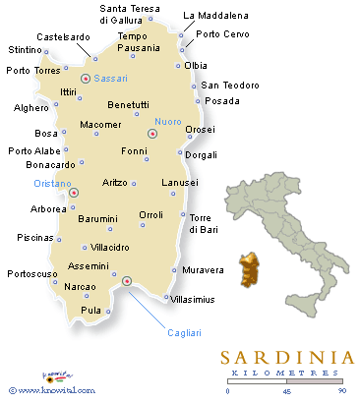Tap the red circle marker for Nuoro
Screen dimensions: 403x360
151,134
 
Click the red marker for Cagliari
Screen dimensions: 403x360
126,283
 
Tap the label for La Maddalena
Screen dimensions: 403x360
216,16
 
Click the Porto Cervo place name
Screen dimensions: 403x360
222,34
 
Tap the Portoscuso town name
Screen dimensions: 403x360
34,274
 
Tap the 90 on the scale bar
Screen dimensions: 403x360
340,392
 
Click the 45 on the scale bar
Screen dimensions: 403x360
284,392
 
